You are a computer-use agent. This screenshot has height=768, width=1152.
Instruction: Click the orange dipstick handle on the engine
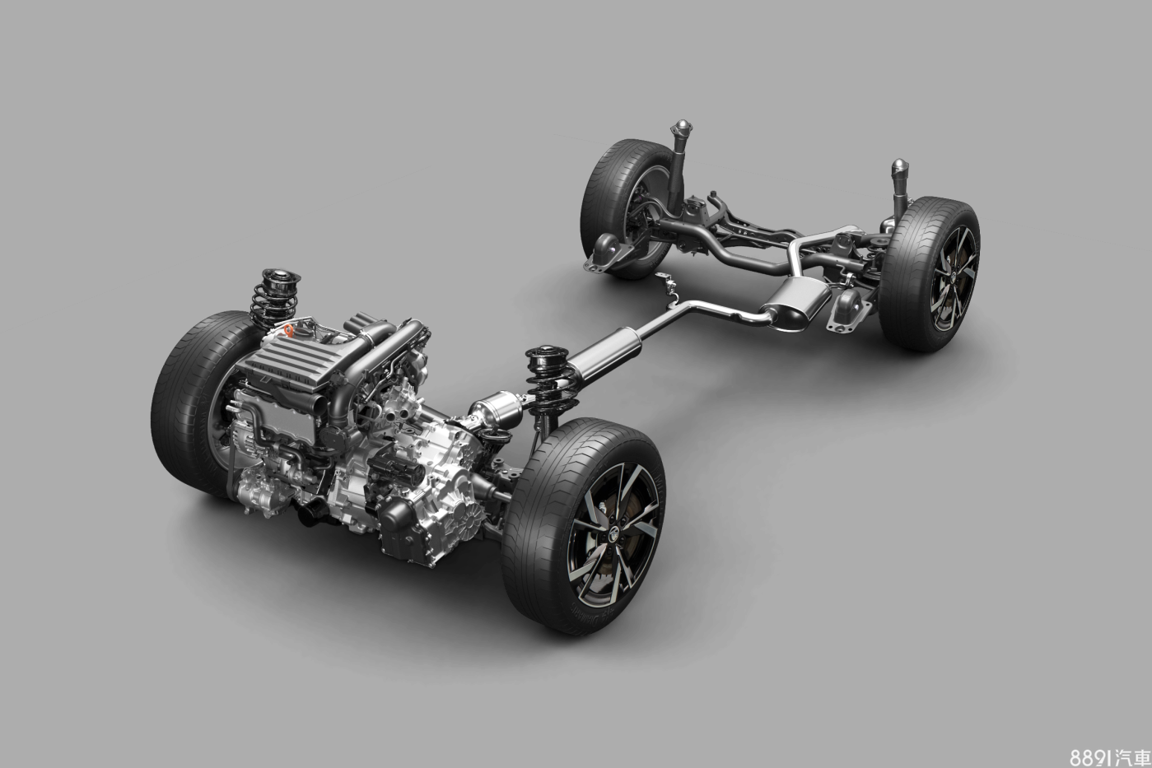pos(289,330)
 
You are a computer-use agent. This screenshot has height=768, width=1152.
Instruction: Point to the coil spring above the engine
pos(273,297)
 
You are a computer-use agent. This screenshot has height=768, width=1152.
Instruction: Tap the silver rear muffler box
pos(796,304)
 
